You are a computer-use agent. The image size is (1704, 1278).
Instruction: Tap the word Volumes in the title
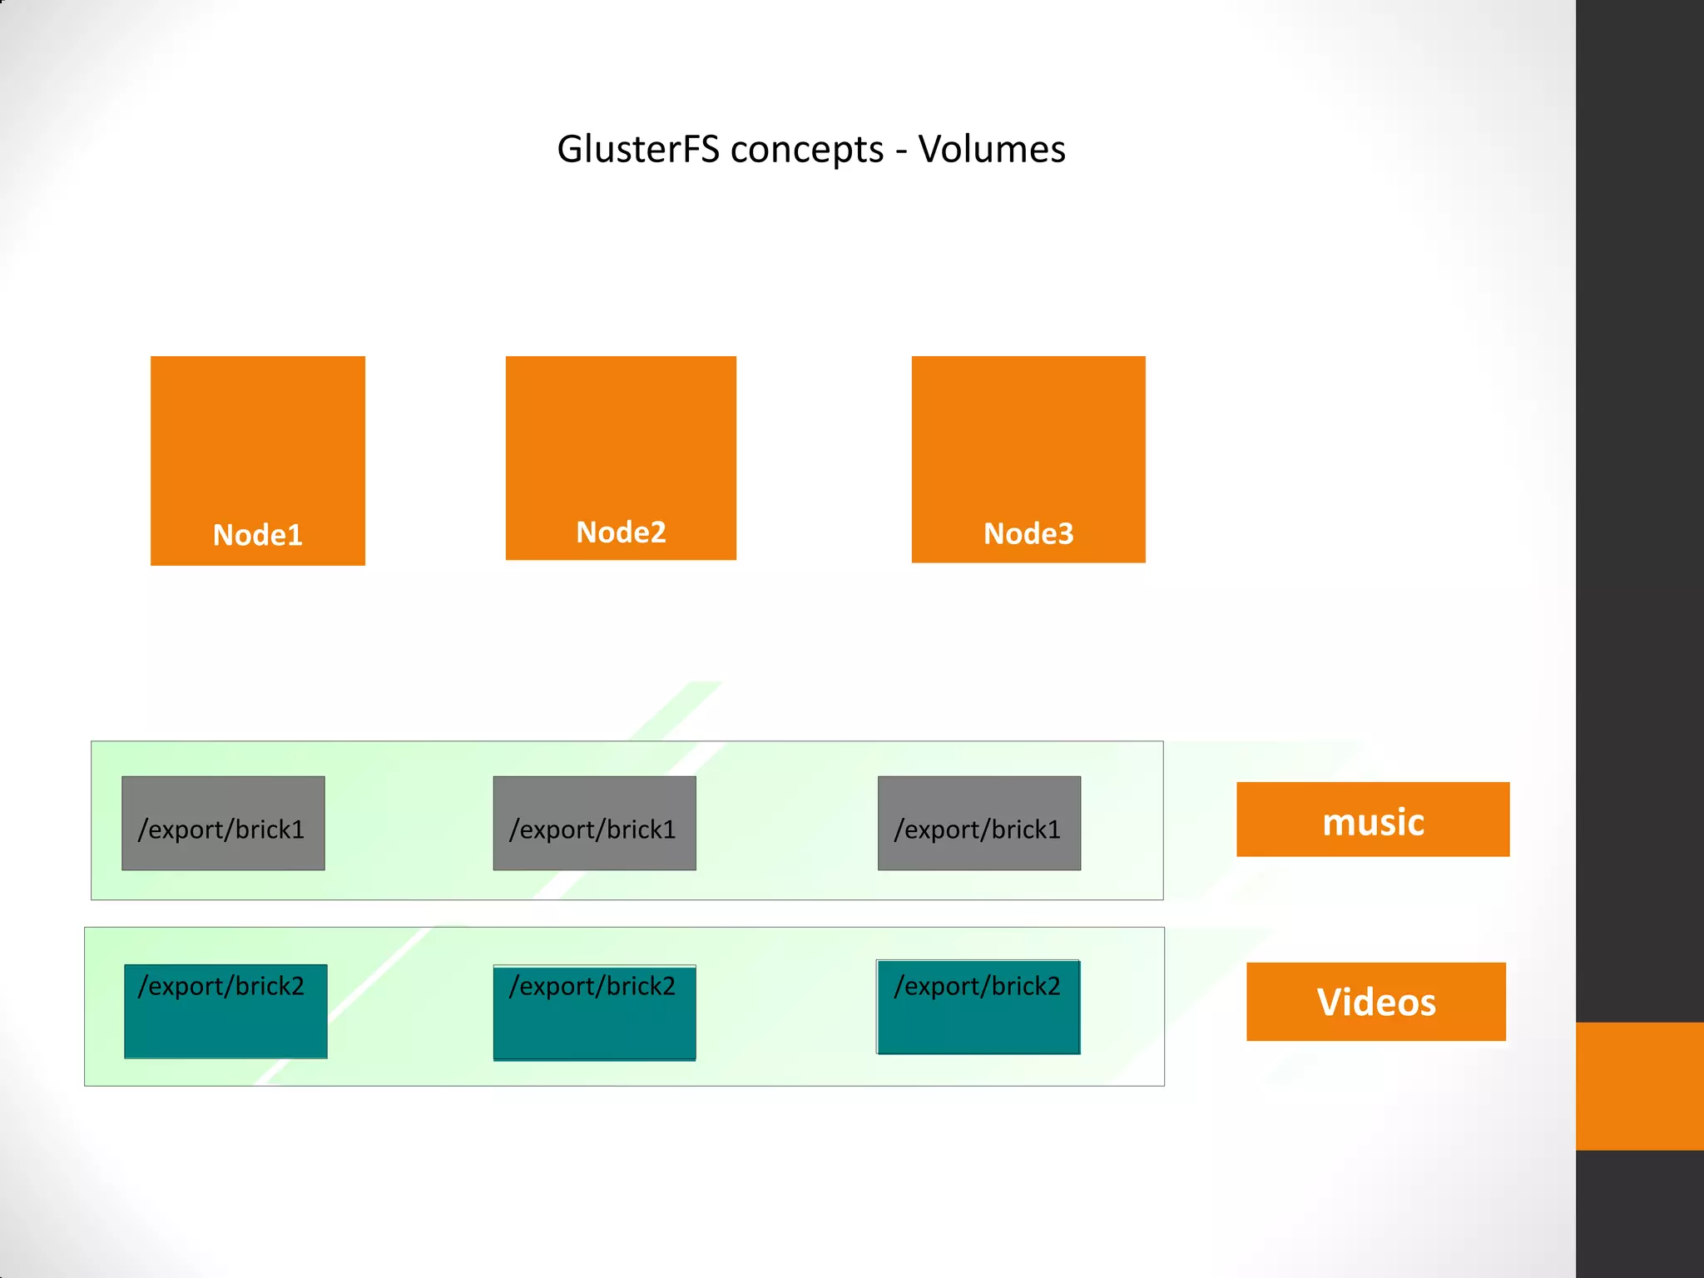tap(992, 150)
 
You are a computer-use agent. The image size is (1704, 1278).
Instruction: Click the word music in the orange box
tap(1373, 822)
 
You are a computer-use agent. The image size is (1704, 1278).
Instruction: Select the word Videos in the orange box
tap(1376, 1002)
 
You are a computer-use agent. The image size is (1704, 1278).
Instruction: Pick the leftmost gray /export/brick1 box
tap(223, 824)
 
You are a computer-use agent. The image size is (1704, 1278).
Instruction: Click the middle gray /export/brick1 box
tap(594, 824)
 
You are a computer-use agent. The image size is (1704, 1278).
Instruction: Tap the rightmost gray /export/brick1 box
tap(979, 824)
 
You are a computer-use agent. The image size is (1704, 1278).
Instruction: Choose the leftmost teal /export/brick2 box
tap(225, 1012)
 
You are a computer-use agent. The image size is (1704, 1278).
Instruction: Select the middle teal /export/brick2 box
tap(594, 1013)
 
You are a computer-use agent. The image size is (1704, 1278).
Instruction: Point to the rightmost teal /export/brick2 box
tap(978, 1008)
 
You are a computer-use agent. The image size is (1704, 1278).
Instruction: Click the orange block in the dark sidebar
tap(1639, 1086)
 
